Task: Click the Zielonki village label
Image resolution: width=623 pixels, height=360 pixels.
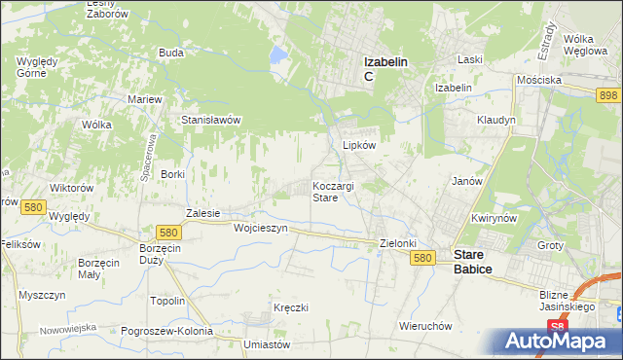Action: click(398, 243)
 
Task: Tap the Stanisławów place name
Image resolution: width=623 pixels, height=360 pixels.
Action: click(211, 120)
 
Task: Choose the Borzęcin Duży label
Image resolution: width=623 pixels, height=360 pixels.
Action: click(159, 255)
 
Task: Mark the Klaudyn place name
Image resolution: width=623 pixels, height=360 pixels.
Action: click(495, 120)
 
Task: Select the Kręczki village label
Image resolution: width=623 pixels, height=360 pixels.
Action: click(291, 307)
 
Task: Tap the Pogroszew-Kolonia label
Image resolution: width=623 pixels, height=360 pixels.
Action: click(167, 331)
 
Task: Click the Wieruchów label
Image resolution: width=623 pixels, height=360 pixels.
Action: click(427, 325)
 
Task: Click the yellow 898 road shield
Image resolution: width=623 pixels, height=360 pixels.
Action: click(608, 93)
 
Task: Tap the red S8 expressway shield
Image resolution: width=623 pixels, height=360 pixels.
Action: click(556, 326)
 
